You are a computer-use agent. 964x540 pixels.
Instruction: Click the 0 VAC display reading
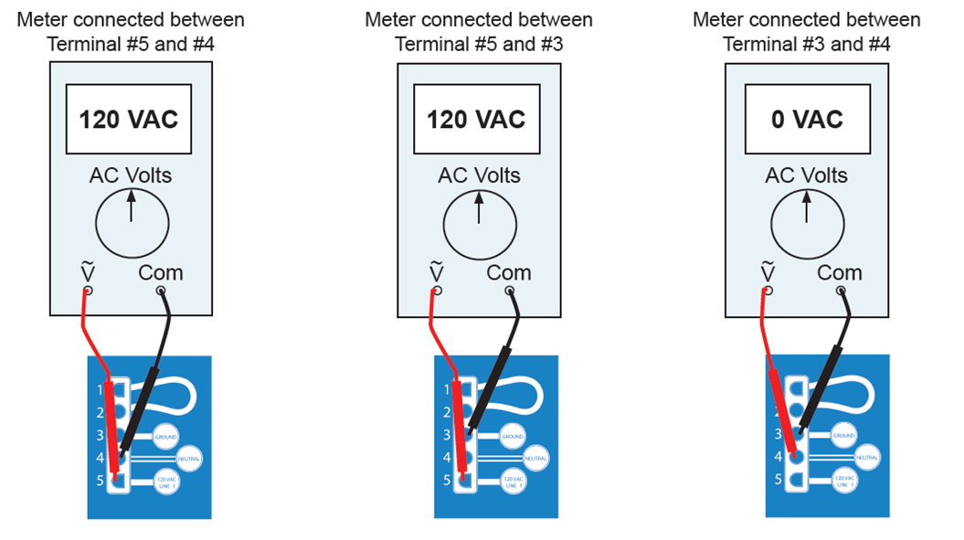pos(806,120)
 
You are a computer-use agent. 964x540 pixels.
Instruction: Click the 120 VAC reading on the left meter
pos(128,120)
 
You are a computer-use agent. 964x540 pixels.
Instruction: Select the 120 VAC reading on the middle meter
pos(476,120)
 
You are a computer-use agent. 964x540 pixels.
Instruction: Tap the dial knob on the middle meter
pos(480,224)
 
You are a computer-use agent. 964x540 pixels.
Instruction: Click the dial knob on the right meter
pos(807,224)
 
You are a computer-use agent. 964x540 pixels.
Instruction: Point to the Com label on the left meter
pos(161,272)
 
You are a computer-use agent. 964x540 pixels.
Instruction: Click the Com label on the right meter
pos(839,272)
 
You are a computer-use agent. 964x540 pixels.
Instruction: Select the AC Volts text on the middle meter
pos(479,175)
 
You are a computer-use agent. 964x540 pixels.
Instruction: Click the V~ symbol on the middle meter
pos(436,272)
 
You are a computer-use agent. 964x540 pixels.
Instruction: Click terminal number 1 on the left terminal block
pos(100,390)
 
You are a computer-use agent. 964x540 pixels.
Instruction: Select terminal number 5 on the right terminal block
pos(778,479)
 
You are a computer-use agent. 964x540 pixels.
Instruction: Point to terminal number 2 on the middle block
pos(447,412)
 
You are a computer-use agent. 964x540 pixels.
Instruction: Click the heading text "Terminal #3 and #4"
pos(806,44)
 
